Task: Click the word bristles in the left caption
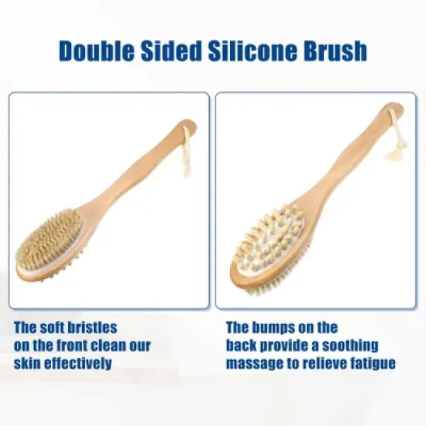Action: coord(91,328)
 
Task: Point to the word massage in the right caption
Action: coord(256,363)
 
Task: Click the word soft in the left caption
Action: coord(51,328)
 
